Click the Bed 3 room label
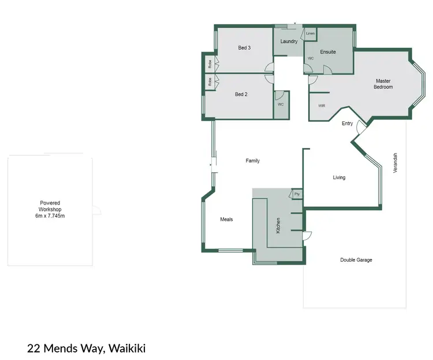click(x=244, y=48)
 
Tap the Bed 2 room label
click(x=241, y=94)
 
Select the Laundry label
click(x=289, y=42)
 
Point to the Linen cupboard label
click(x=311, y=34)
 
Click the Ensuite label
click(x=328, y=52)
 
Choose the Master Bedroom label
click(x=383, y=84)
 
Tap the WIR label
click(x=322, y=106)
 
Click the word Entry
click(x=347, y=124)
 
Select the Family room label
click(x=253, y=161)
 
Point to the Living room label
click(x=339, y=177)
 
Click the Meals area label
click(x=227, y=220)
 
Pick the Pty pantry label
click(x=297, y=194)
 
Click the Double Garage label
click(x=356, y=260)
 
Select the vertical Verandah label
click(x=395, y=162)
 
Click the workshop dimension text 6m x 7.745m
click(x=50, y=216)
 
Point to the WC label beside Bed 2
click(x=281, y=105)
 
